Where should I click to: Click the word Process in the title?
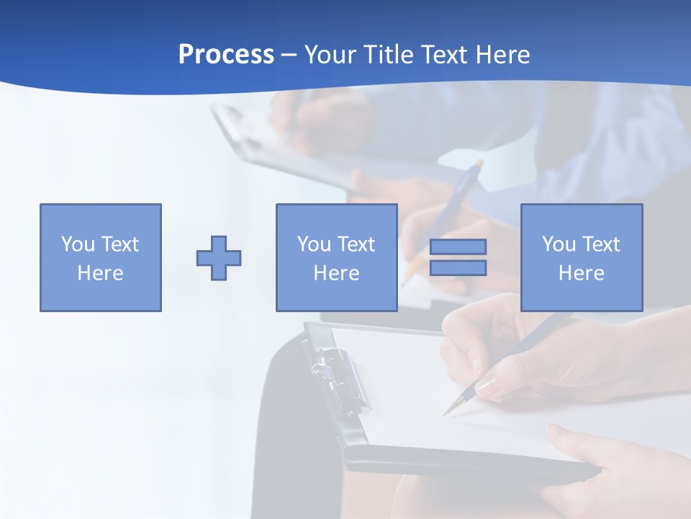coord(226,55)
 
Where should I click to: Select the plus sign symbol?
coord(219,258)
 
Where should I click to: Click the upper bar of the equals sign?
coord(458,247)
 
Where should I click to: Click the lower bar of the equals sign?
coord(458,267)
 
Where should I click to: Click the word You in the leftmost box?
coord(78,244)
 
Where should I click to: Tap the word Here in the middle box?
coord(336,273)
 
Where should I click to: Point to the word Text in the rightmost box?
coord(602,244)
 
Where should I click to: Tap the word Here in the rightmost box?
coord(582,273)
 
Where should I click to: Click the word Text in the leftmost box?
coord(120,244)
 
